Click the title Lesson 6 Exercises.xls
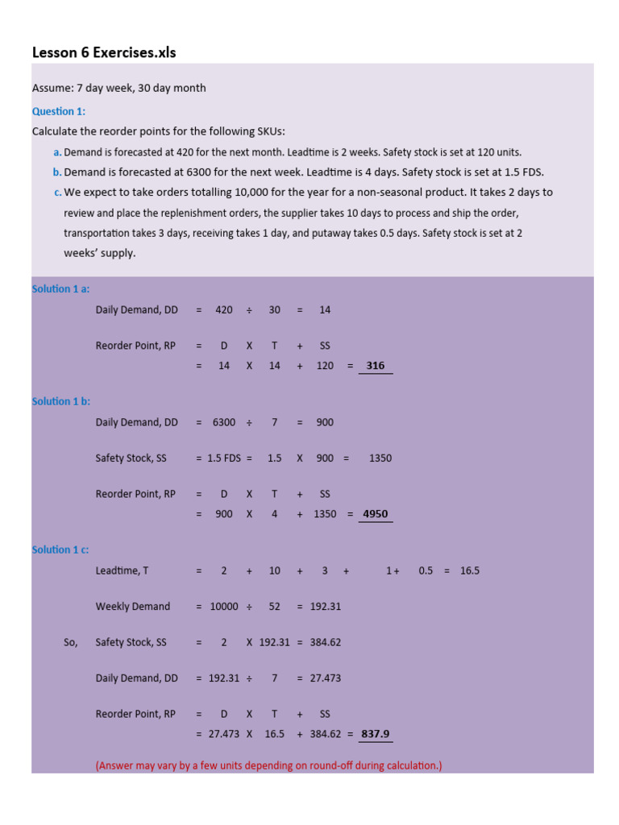coord(103,53)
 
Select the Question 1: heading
coord(58,111)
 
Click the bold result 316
coord(375,366)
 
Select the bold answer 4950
coord(376,514)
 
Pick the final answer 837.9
coord(376,734)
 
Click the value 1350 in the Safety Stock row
coord(380,458)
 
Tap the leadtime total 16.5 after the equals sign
coord(470,570)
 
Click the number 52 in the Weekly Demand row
coord(274,607)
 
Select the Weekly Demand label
coord(132,607)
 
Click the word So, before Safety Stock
coord(70,642)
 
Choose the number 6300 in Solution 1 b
coord(224,422)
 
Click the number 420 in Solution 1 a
coord(224,310)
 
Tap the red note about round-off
coord(268,765)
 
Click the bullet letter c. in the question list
coord(57,193)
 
